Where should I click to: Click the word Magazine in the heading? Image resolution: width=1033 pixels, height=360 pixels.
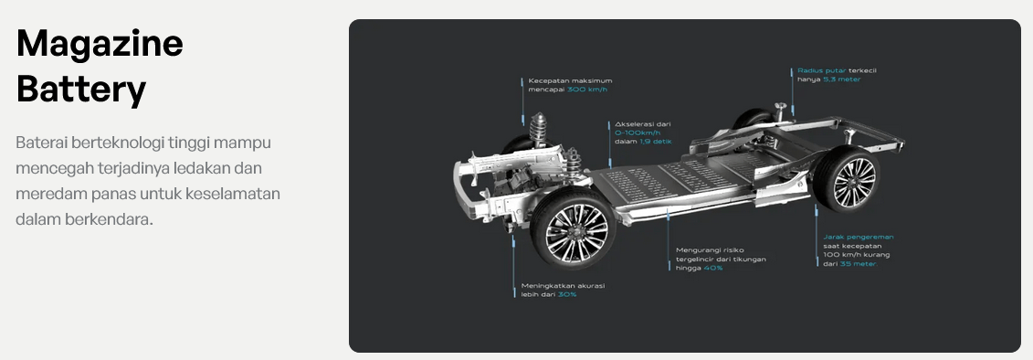(x=100, y=44)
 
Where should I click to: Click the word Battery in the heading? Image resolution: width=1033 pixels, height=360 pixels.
(x=81, y=90)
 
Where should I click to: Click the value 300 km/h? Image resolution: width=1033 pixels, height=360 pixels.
(x=587, y=89)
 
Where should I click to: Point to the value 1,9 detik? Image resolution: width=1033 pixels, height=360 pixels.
(x=656, y=141)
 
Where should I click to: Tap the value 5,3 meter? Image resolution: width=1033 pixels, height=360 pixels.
(x=842, y=79)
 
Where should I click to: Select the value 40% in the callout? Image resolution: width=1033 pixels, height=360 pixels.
(x=712, y=268)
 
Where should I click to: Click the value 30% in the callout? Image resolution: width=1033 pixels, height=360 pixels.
(x=567, y=294)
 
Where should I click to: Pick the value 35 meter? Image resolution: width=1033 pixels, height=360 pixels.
(x=859, y=264)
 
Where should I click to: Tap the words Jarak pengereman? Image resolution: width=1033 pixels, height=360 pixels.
(x=859, y=237)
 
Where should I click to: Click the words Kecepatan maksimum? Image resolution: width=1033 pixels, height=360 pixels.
(x=570, y=80)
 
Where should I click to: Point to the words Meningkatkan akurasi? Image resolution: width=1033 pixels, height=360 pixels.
(x=563, y=285)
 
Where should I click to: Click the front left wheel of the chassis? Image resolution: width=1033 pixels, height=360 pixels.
(x=574, y=228)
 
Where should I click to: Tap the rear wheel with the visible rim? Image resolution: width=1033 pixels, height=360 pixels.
(x=848, y=178)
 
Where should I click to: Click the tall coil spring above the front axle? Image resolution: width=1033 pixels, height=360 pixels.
(x=539, y=130)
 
